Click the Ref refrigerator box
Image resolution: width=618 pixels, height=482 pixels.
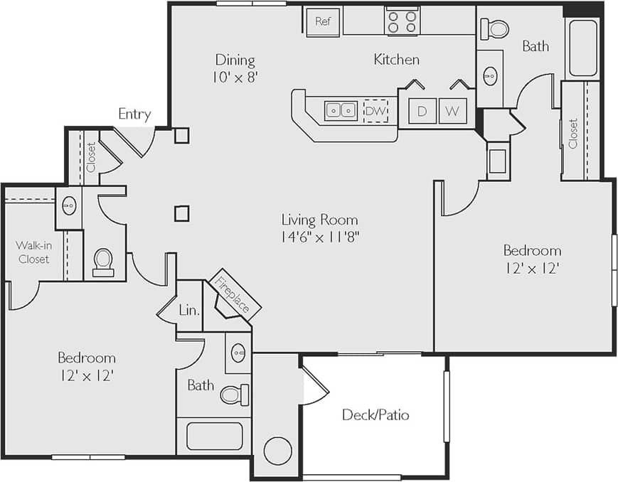pos(323,21)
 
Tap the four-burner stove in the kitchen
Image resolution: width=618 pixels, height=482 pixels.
pos(402,21)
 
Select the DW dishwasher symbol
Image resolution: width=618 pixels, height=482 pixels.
pos(375,111)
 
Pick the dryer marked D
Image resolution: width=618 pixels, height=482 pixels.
pos(422,111)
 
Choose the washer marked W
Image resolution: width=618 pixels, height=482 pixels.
pos(452,111)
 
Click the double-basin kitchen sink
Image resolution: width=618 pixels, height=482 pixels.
pos(341,111)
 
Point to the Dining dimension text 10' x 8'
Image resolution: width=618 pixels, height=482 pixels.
pos(235,77)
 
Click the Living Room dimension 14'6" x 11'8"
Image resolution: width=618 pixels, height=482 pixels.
pos(319,237)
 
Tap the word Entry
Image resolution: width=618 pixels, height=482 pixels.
pos(134,114)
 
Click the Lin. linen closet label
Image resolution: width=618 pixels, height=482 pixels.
pos(189,310)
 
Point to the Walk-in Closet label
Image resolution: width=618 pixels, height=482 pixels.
pos(33,252)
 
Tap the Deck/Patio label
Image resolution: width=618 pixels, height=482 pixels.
pos(375,414)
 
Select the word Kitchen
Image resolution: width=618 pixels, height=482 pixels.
pos(396,60)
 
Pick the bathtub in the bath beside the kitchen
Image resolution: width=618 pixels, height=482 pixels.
pos(583,48)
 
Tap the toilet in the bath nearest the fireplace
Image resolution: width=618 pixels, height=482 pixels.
pos(235,395)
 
